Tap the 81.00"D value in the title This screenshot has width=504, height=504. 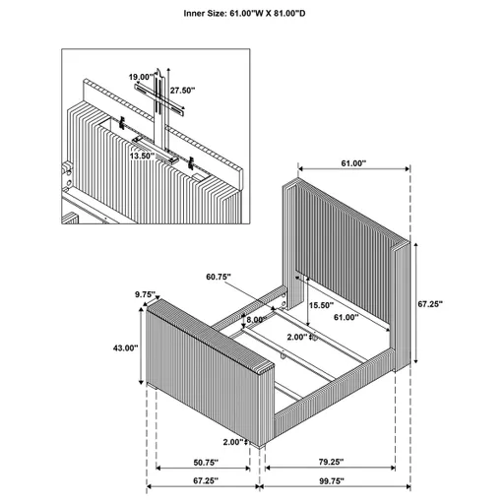pyautogui.click(x=297, y=15)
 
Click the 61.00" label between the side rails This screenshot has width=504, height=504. pyautogui.click(x=346, y=318)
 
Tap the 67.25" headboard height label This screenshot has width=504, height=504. pyautogui.click(x=430, y=304)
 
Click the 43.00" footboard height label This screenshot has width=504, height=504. pyautogui.click(x=124, y=348)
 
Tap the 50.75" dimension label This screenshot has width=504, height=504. pyautogui.click(x=205, y=463)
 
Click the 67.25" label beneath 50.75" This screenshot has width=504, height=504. pyautogui.click(x=205, y=482)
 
